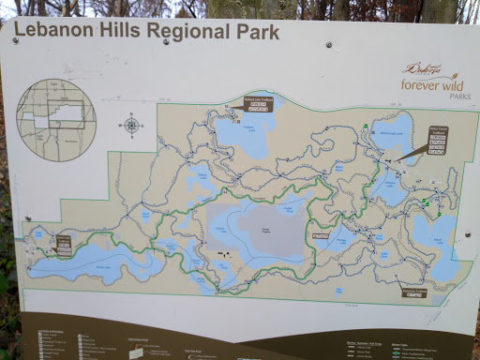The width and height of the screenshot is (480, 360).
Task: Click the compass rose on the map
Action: tap(130, 126)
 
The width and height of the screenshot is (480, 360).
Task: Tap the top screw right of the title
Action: tap(327, 44)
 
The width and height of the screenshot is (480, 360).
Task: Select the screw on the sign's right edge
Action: tap(468, 235)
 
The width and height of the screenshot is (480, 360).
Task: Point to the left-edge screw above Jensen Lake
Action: tap(22, 222)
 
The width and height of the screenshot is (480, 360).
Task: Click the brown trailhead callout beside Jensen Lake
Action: tap(65, 246)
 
